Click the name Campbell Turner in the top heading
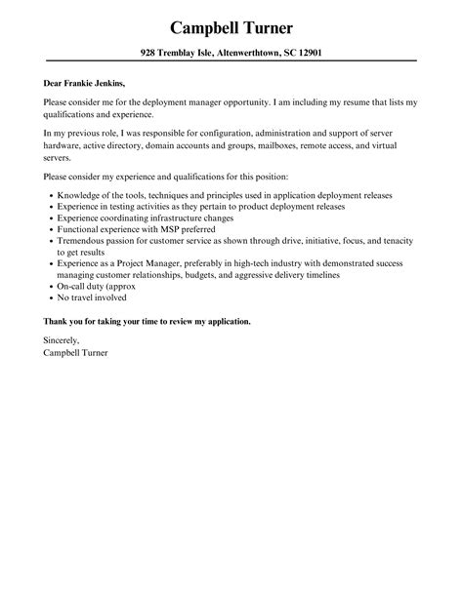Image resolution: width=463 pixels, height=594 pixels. tap(231, 26)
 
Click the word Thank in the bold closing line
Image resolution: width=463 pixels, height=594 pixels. tap(57, 320)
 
